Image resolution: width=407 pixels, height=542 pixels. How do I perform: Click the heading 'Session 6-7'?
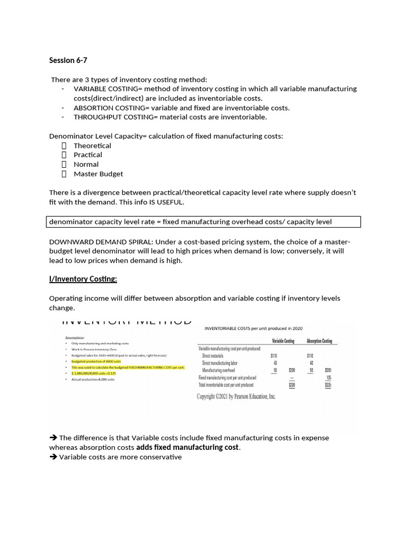pyautogui.click(x=68, y=60)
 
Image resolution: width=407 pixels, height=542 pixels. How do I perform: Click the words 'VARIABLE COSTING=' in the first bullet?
pyautogui.click(x=104, y=89)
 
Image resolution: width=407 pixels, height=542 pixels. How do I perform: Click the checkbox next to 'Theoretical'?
pyautogui.click(x=64, y=146)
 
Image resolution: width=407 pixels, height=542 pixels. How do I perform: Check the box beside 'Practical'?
pyautogui.click(x=64, y=155)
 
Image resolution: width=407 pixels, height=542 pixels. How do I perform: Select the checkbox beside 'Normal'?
pyautogui.click(x=64, y=165)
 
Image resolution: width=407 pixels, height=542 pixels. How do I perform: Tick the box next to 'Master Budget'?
pyautogui.click(x=64, y=174)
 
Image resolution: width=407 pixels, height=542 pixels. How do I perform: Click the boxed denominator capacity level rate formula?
pyautogui.click(x=205, y=222)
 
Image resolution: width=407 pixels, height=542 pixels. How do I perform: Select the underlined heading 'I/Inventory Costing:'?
pyautogui.click(x=83, y=279)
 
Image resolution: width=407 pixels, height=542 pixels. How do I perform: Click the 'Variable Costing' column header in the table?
pyautogui.click(x=283, y=341)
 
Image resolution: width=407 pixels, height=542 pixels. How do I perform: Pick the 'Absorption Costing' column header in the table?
pyautogui.click(x=319, y=341)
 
